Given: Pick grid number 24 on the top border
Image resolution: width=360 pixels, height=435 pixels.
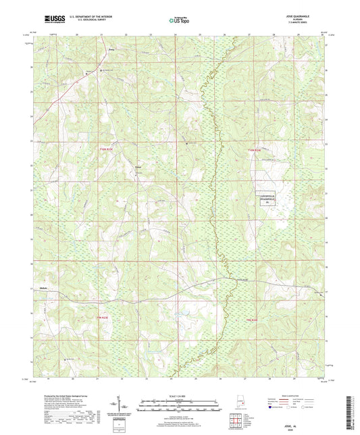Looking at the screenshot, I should (175, 34).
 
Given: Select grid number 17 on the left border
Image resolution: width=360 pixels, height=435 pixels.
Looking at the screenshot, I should (32, 289).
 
